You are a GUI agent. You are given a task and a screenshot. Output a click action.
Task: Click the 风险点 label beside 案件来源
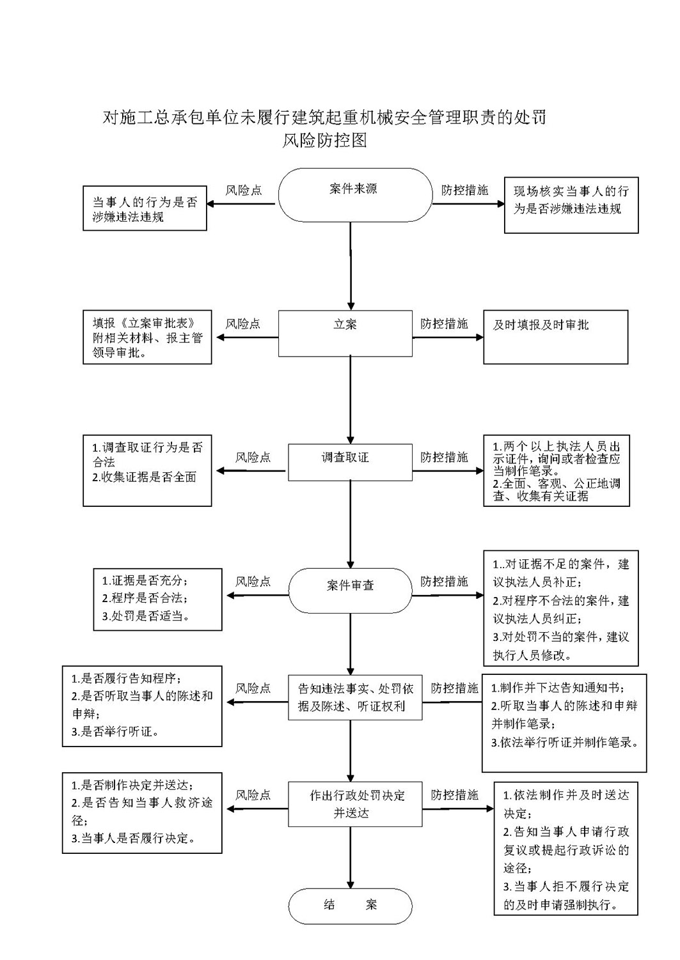[244, 190]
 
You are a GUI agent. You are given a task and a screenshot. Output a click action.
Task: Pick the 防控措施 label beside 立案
[444, 323]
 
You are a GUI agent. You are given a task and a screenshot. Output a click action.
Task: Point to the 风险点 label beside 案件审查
[253, 581]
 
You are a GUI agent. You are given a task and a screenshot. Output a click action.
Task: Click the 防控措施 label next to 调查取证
[444, 457]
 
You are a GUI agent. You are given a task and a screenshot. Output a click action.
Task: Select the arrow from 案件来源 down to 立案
[351, 266]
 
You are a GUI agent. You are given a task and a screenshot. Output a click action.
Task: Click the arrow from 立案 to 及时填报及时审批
[448, 337]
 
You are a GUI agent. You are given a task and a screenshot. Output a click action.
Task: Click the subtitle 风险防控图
[324, 140]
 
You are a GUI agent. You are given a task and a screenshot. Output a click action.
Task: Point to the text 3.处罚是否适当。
[146, 616]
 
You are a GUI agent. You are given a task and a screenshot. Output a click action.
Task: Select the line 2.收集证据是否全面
[144, 477]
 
